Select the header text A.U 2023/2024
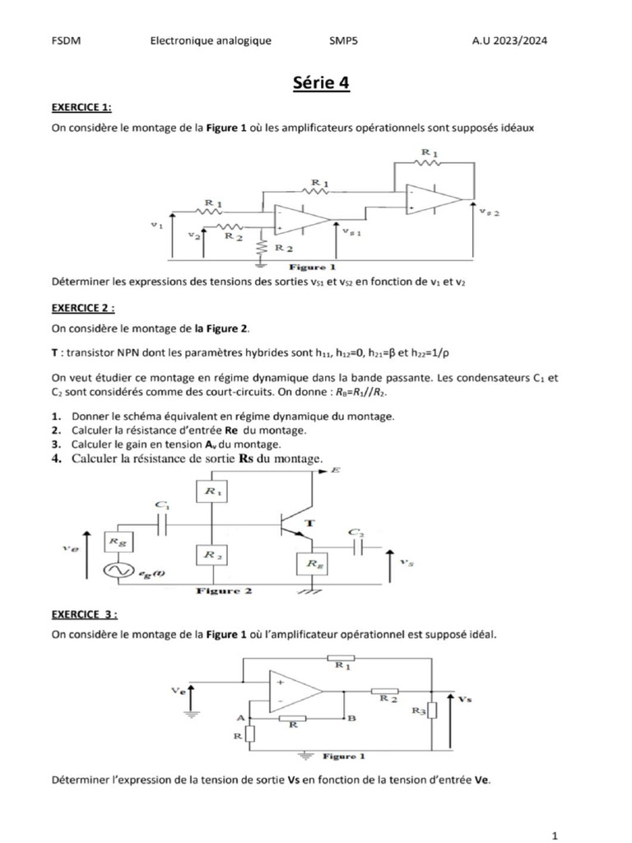(x=511, y=40)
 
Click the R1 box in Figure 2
(x=213, y=492)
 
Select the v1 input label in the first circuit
(x=157, y=223)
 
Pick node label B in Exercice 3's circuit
(x=351, y=718)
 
